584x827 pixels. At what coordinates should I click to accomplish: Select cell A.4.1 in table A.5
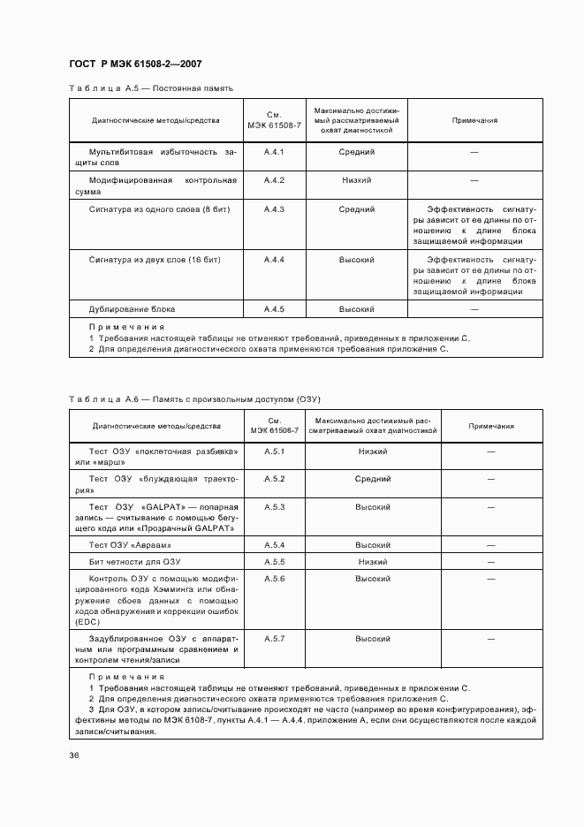click(x=274, y=152)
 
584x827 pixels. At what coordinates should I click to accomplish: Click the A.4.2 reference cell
click(x=274, y=180)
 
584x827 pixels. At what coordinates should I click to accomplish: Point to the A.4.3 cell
click(x=274, y=209)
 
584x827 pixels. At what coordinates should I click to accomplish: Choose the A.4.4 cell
click(x=274, y=260)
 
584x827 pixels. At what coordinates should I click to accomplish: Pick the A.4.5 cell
click(x=274, y=309)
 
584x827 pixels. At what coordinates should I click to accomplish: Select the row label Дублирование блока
click(x=132, y=309)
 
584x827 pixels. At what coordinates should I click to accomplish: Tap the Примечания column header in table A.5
click(x=474, y=120)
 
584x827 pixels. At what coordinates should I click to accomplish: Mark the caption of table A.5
click(x=151, y=88)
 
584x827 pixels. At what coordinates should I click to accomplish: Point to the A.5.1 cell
click(x=274, y=451)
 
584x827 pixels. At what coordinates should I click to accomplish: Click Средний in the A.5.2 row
click(x=373, y=479)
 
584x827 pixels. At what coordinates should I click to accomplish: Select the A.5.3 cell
click(x=274, y=507)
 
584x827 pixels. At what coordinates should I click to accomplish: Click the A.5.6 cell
click(x=274, y=578)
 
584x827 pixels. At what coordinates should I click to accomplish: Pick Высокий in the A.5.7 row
click(x=373, y=638)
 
